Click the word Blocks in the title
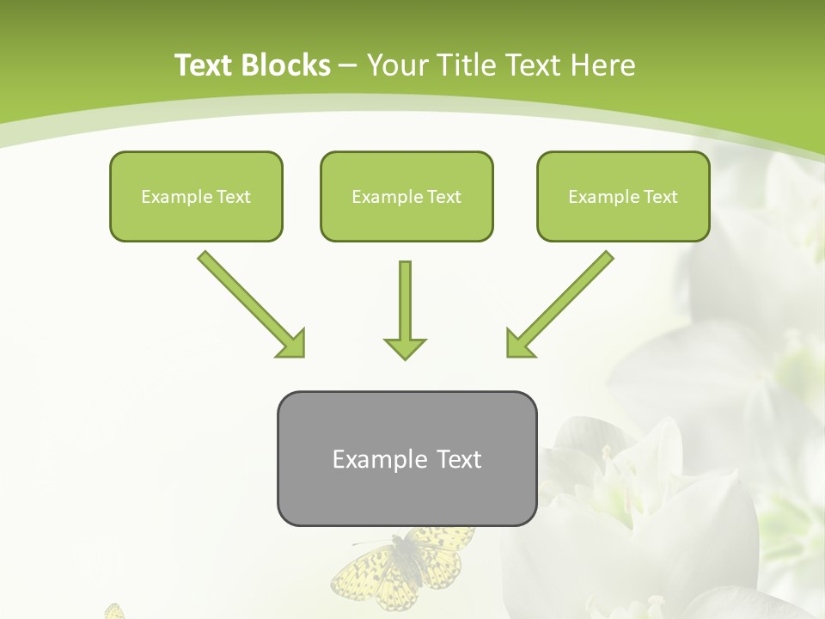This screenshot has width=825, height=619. [x=285, y=65]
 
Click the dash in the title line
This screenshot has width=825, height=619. [x=348, y=66]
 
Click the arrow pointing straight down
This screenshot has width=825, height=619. [x=405, y=309]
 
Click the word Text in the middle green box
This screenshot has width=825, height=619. [x=444, y=197]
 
